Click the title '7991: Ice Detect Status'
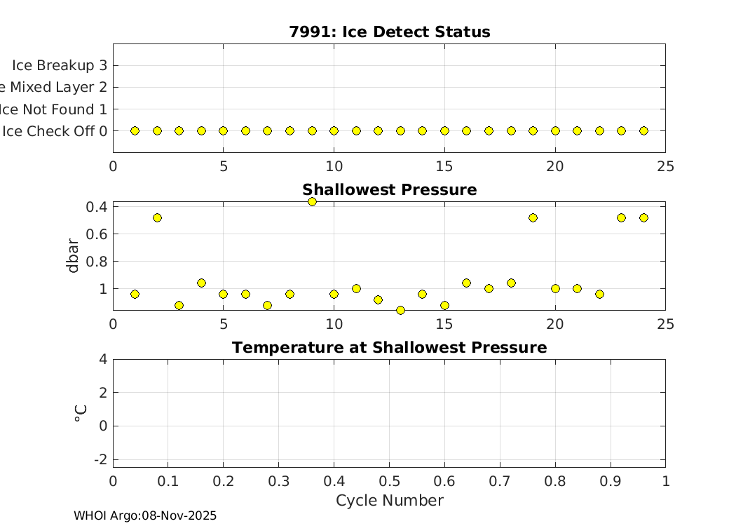[x=389, y=32]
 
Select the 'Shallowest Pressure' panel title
[x=389, y=190]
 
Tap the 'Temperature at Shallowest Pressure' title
[x=389, y=348]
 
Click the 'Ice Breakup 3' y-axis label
[x=59, y=65]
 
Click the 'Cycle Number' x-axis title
[x=389, y=501]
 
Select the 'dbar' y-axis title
[x=73, y=256]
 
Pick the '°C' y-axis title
[x=80, y=413]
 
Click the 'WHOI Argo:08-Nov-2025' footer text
[x=145, y=516]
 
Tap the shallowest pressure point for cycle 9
[x=312, y=202]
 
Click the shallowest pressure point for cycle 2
[x=157, y=218]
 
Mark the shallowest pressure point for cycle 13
[x=400, y=310]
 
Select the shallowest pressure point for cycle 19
[x=533, y=218]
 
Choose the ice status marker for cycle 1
[x=135, y=131]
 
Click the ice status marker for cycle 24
[x=643, y=131]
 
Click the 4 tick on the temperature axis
[x=103, y=359]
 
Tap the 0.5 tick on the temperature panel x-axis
[x=389, y=482]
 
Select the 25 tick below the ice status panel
[x=665, y=167]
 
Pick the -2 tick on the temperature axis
[x=100, y=459]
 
